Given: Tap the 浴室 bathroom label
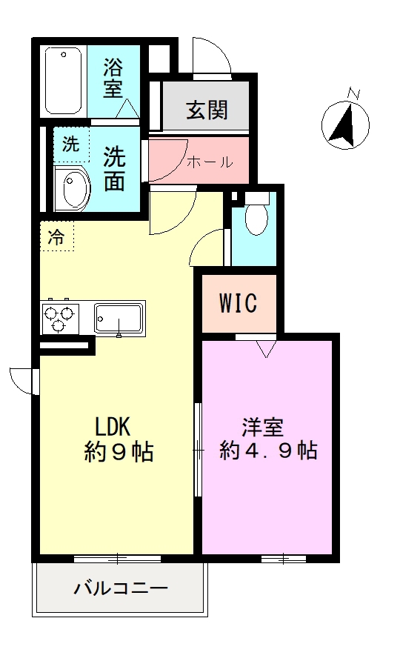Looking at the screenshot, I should pos(113,78).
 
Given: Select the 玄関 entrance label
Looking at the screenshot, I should pos(206,111).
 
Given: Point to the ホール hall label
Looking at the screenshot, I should pos(210,162).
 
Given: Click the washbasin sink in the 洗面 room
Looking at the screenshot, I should pos(73,190).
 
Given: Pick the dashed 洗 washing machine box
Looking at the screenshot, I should pos(70,145).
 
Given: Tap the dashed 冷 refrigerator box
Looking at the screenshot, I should pos(56,237).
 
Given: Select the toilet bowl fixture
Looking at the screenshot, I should pos(255,218).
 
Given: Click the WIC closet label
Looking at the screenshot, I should pos(237,303).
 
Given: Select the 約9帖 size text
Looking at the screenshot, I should pos(119,452).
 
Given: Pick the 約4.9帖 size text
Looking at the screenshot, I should pos(268,450).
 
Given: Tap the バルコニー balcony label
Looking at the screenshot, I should pos(121,590).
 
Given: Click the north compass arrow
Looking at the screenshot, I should pos(344,123).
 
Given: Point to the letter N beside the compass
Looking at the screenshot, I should pos(354,94).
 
